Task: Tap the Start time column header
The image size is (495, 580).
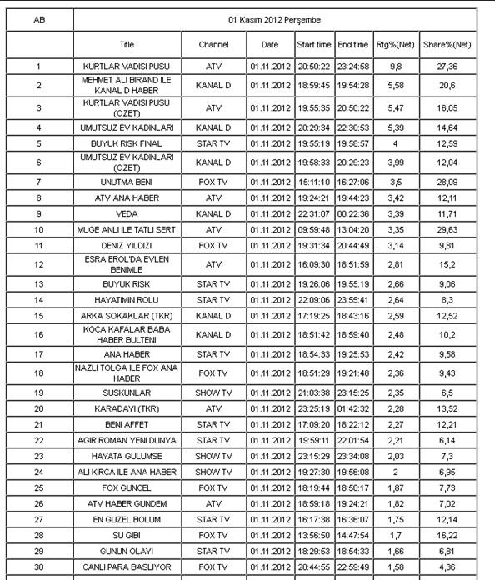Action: pos(314,43)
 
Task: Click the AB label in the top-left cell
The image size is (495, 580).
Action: pos(38,18)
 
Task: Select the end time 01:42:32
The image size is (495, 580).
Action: pos(353,407)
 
